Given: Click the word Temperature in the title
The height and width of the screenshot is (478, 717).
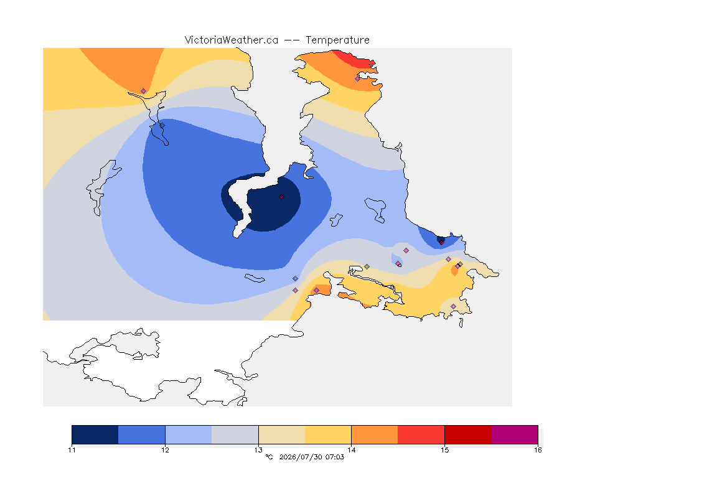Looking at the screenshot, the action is click(337, 40).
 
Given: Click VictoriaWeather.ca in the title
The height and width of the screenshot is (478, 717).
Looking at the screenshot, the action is click(232, 40).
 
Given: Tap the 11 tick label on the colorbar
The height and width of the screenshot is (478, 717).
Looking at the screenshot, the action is click(72, 450).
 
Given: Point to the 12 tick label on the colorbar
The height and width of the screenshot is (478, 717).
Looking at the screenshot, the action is click(165, 450).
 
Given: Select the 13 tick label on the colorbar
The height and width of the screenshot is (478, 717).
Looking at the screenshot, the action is click(258, 450).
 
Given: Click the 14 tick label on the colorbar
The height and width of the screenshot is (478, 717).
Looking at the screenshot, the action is click(351, 450).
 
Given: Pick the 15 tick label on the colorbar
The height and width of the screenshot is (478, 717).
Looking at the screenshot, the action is click(444, 450).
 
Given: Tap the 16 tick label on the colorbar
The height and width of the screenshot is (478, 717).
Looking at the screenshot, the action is click(538, 450).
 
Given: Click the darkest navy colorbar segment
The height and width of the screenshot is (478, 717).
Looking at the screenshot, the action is click(95, 434).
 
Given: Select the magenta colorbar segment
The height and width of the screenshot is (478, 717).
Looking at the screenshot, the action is click(515, 434).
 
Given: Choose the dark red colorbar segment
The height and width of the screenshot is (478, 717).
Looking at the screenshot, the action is click(468, 434).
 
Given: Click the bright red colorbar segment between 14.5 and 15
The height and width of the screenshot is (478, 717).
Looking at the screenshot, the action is click(421, 434).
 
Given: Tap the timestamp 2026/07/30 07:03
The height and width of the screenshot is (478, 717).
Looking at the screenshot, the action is click(311, 457).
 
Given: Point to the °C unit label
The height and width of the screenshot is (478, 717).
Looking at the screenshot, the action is click(269, 457).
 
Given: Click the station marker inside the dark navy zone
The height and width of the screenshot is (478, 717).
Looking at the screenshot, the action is click(282, 197).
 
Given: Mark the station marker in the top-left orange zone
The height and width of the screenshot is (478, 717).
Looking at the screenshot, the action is click(144, 91).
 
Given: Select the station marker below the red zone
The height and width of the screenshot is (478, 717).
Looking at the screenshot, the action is click(358, 78).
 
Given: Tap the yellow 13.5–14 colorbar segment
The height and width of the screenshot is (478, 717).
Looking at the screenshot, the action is click(328, 434).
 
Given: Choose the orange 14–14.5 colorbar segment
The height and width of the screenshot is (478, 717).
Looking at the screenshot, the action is click(375, 434).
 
